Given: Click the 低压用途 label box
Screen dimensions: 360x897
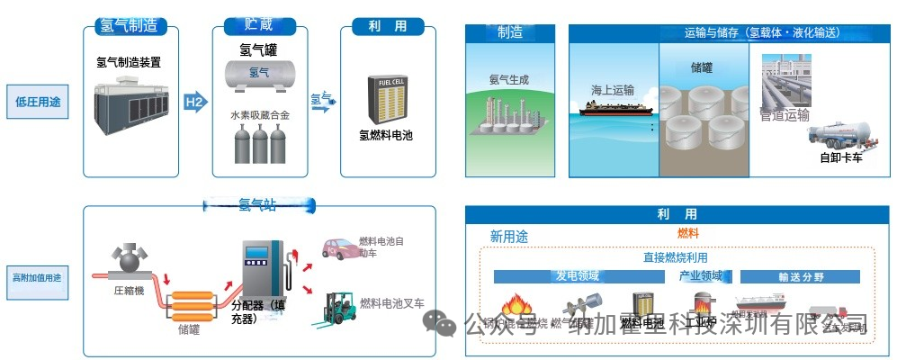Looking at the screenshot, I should (38, 102).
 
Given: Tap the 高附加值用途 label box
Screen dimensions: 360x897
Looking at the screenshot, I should (38, 278).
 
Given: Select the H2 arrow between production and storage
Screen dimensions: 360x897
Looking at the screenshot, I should (194, 102).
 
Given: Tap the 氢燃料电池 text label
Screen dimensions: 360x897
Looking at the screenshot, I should (386, 137).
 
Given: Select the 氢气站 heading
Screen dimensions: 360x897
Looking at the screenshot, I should (257, 206).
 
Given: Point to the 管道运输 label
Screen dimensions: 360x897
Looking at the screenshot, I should (785, 115).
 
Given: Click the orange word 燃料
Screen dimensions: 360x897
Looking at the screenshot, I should (687, 234).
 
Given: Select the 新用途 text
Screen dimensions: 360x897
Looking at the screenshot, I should (508, 236).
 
